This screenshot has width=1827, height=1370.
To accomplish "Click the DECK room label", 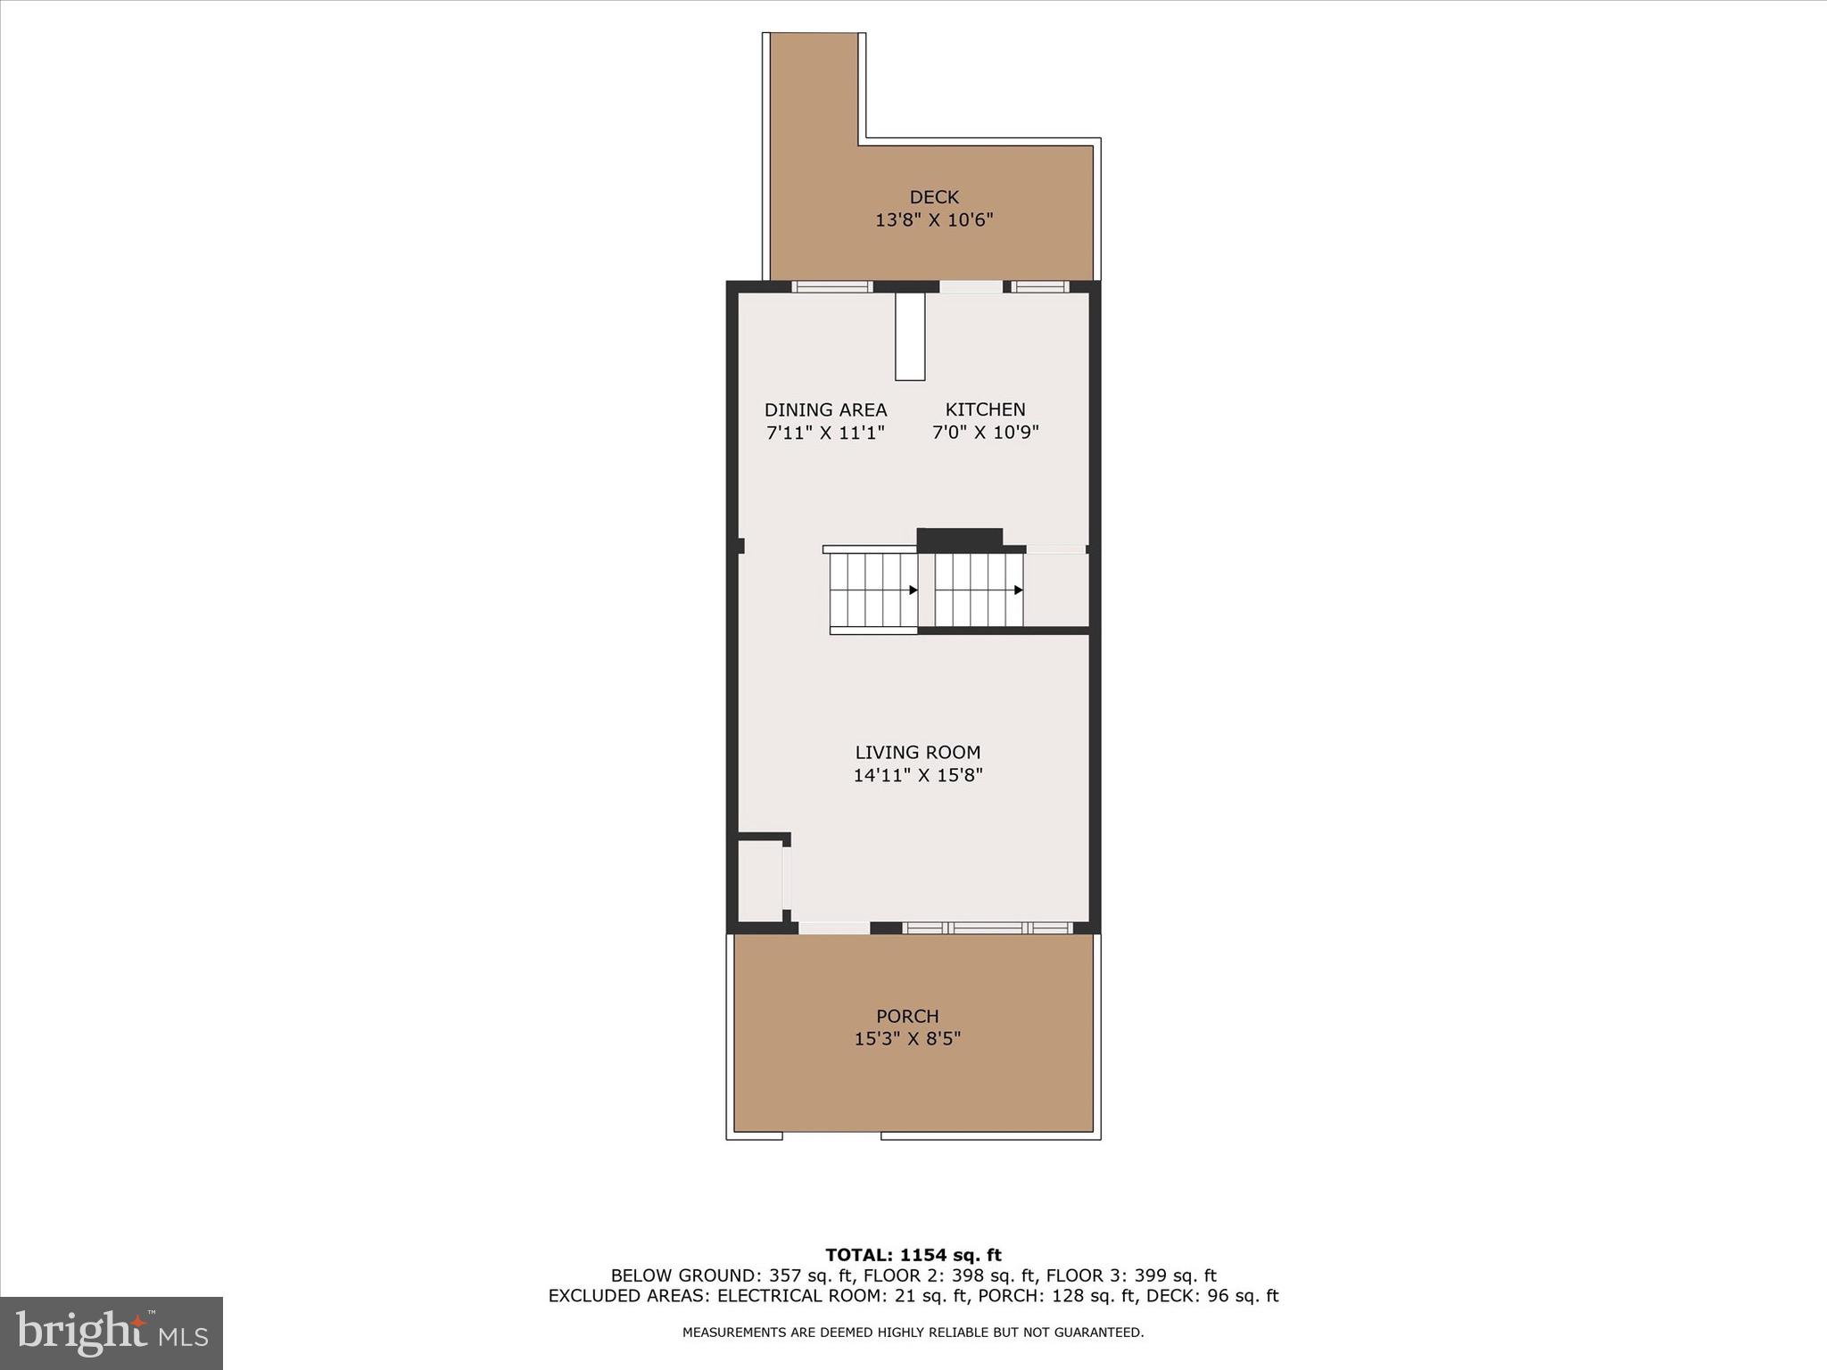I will (x=934, y=197).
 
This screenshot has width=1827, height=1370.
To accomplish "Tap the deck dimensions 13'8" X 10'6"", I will (x=934, y=220).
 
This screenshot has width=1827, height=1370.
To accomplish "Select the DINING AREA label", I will (x=825, y=410).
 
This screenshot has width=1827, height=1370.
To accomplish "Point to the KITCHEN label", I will (x=985, y=409).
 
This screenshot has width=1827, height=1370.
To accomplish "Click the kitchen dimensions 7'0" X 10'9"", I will (x=985, y=433).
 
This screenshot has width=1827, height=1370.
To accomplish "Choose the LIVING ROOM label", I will (x=917, y=753).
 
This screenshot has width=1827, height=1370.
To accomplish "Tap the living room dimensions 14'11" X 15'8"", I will (x=917, y=775).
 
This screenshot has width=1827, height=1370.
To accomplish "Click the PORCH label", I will (x=907, y=1016).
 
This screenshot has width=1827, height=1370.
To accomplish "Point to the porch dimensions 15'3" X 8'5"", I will (x=907, y=1039).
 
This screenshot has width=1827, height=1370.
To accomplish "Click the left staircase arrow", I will (x=913, y=590).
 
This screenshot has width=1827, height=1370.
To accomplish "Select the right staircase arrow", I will (x=1018, y=590).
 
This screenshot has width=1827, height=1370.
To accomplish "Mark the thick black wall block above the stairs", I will (x=960, y=539).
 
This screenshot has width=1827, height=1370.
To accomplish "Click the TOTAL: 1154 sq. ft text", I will (x=913, y=1256).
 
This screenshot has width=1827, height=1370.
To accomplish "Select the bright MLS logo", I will (x=112, y=1333).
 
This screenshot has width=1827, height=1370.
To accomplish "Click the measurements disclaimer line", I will (x=913, y=1333).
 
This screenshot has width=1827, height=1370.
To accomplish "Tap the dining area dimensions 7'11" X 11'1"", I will (x=825, y=433).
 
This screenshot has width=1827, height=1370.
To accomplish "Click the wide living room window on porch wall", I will (x=988, y=928).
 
